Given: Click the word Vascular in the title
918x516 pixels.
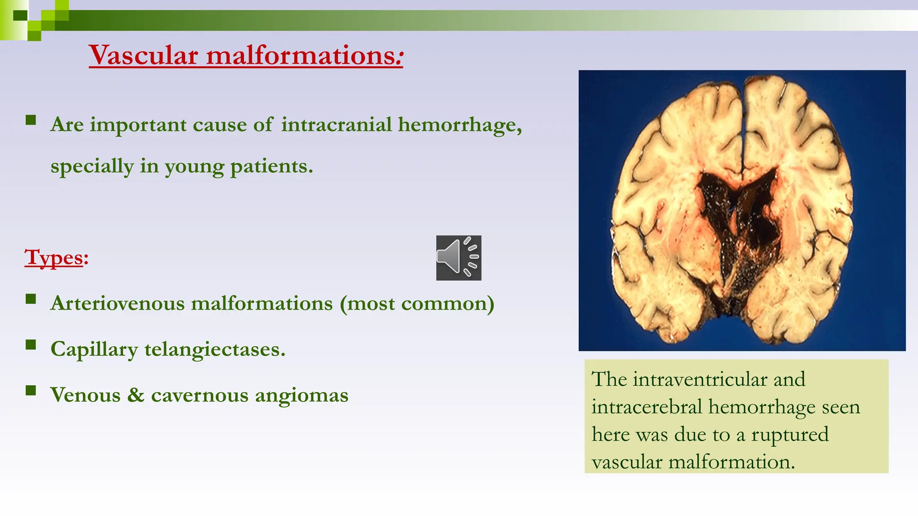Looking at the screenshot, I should [143, 56].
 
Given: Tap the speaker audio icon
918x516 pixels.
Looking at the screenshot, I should [459, 258].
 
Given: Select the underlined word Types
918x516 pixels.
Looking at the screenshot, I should [54, 258].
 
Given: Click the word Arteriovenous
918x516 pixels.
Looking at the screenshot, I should [117, 304].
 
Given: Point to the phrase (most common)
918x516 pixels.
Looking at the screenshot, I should [417, 304].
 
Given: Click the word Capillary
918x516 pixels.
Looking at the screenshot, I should [94, 350].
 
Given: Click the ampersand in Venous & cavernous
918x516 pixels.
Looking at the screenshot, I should [135, 395].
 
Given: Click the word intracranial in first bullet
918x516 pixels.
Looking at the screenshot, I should [336, 125].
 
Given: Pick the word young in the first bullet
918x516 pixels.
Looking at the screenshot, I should [194, 167].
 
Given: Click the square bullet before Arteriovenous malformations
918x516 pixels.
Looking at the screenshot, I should [30, 299].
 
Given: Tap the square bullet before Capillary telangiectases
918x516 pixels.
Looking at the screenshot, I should [30, 344].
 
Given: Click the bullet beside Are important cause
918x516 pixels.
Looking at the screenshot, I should [30, 120].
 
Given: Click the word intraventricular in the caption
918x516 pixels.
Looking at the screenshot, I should [699, 380].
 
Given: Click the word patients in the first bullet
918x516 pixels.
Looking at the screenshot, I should [271, 167].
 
